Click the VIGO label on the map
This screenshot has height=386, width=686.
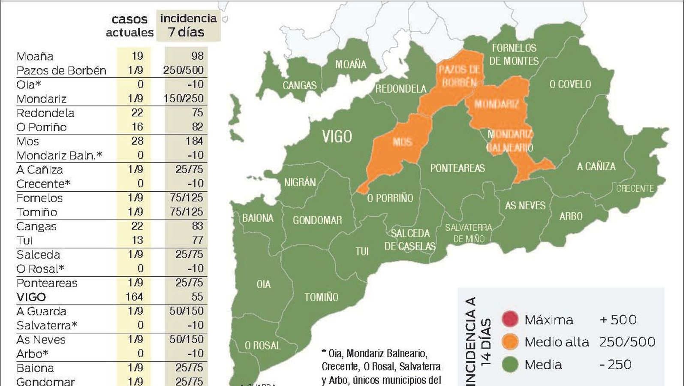click(337, 136)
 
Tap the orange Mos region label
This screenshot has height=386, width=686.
click(402, 142)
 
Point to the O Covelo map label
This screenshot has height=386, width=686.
click(570, 84)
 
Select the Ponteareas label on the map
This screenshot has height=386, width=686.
click(457, 168)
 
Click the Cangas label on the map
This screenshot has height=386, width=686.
click(299, 85)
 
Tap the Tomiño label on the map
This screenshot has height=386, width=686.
click(321, 297)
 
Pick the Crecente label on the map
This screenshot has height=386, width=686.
click(635, 188)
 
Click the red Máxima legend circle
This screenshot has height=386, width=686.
click(510, 319)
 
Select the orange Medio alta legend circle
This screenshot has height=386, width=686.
click(510, 342)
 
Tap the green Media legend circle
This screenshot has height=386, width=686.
click(510, 365)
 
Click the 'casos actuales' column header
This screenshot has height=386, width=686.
click(129, 26)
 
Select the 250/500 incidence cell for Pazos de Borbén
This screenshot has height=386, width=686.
click(184, 70)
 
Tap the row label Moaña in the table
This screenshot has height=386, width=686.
click(35, 56)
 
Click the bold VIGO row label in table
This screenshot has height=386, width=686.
click(31, 297)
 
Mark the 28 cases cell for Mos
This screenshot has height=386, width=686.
click(137, 141)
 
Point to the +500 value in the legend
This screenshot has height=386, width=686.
click(618, 320)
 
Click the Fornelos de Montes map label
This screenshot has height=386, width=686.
click(514, 54)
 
